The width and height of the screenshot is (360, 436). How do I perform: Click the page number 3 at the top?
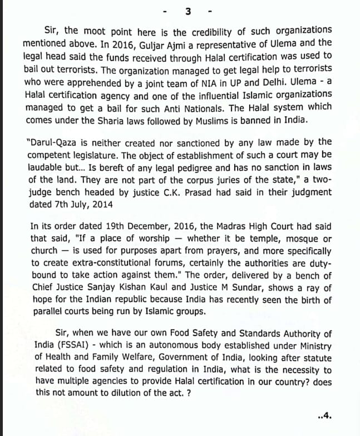188,11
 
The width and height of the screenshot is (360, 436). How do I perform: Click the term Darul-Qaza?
51,142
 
